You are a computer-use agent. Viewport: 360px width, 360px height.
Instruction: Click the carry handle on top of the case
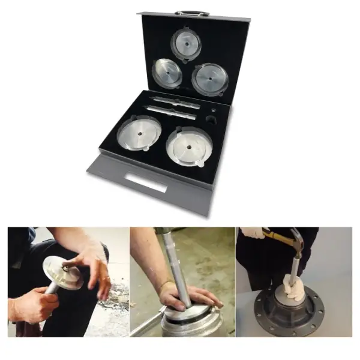tap(192, 13)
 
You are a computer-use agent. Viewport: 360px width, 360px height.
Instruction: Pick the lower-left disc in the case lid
tap(167, 73)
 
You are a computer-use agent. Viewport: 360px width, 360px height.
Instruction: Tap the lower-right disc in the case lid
tap(209, 78)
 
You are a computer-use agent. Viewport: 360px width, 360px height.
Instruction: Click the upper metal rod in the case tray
tap(176, 101)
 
